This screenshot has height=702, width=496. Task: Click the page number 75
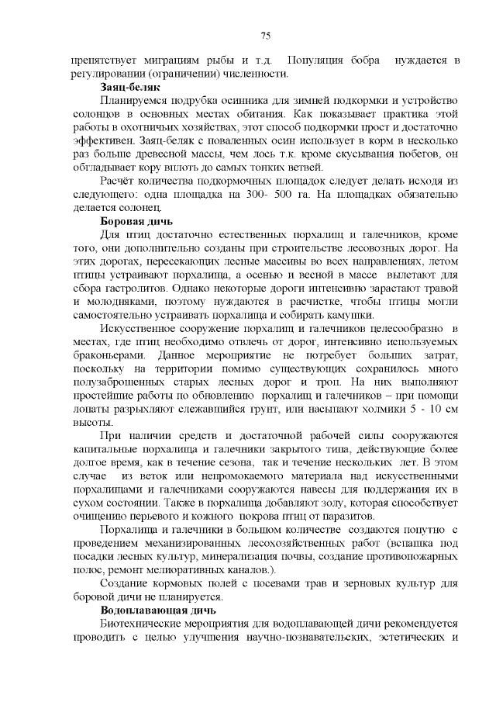265,36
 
